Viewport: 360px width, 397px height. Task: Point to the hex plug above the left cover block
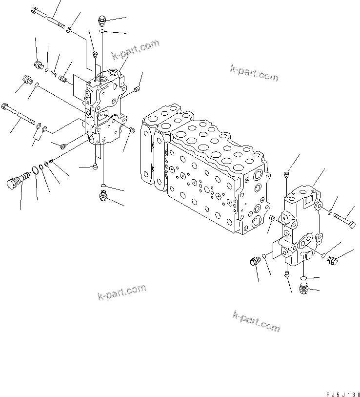pyautogui.click(x=102, y=21)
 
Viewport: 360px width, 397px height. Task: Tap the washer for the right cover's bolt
pyautogui.click(x=329, y=211)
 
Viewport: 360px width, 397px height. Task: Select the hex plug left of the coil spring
pyautogui.click(x=38, y=64)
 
